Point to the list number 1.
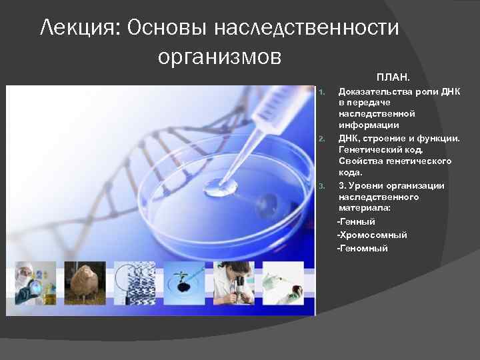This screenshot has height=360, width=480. coord(321,91)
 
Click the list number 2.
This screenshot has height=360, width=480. coord(321,139)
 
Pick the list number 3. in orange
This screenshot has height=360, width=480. coord(321,186)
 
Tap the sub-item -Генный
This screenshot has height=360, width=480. coord(357,221)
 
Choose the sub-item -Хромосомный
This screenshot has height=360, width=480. coord(372,235)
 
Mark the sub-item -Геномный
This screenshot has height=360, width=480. coord(363,248)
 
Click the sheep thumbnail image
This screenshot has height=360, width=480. coord(85,283)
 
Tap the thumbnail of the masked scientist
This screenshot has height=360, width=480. coord(33,283)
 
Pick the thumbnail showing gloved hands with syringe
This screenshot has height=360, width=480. coord(283,283)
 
